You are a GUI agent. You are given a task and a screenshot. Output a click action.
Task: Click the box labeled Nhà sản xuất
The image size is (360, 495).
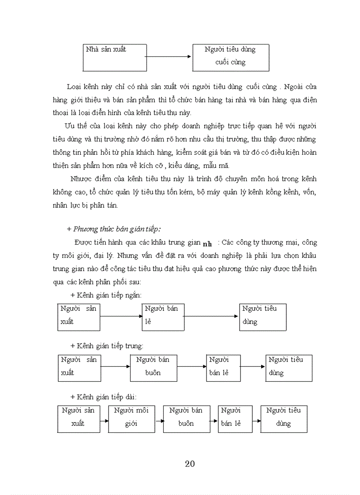pos(114,57)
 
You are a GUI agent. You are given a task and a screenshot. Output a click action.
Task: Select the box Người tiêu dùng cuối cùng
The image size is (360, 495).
pos(231,57)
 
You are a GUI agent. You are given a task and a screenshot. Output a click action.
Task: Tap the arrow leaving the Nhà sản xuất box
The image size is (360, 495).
pos(168,56)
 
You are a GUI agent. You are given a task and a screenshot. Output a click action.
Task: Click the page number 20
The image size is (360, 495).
pos(190,463)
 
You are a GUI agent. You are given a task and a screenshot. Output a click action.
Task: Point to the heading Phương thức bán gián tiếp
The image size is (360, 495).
pos(113,229)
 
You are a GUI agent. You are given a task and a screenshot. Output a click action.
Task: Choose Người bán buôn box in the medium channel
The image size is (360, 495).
pos(153,368)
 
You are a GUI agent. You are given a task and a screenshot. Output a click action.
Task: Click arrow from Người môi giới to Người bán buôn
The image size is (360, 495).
pos(157,420)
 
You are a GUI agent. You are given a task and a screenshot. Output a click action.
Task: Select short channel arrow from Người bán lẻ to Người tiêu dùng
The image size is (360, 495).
pos(212,316)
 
